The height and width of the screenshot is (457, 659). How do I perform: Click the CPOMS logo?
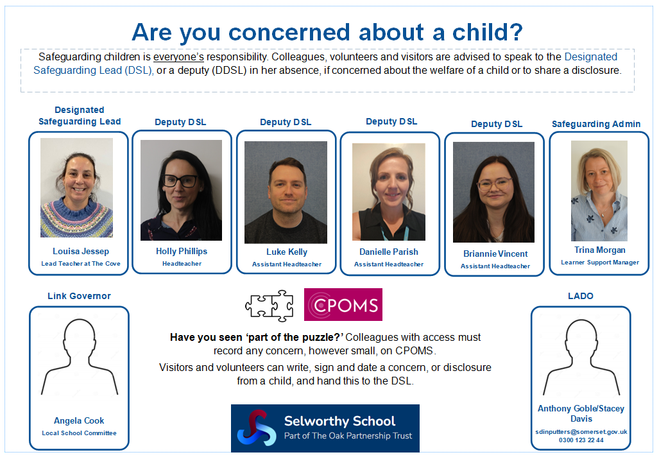click(x=343, y=304)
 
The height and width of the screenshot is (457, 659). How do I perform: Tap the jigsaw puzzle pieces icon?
click(x=270, y=306)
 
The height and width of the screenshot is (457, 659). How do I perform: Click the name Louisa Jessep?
click(x=81, y=251)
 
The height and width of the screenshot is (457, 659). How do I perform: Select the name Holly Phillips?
click(x=182, y=251)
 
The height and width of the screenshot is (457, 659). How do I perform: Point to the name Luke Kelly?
click(x=287, y=252)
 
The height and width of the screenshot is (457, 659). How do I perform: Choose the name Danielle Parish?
click(x=389, y=252)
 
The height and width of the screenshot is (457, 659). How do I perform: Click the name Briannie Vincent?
click(x=495, y=254)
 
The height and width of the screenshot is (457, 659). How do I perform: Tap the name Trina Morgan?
click(x=600, y=250)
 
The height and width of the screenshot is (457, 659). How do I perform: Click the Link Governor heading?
click(x=79, y=296)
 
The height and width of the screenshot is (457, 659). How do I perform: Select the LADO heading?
click(x=581, y=296)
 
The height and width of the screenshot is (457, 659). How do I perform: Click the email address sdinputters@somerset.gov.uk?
click(x=581, y=432)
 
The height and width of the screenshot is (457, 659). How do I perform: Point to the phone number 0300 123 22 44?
click(x=581, y=440)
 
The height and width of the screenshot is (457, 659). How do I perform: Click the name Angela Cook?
click(x=79, y=420)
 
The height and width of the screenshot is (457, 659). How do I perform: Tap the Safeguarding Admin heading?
click(x=596, y=124)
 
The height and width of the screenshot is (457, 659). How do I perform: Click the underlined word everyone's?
click(x=178, y=57)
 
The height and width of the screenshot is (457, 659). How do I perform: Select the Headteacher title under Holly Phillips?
click(x=182, y=264)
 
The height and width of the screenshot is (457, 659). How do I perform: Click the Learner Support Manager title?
click(x=600, y=263)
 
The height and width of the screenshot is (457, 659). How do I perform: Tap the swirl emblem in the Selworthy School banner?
click(x=257, y=428)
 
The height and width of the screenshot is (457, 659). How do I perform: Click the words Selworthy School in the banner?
click(x=339, y=421)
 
